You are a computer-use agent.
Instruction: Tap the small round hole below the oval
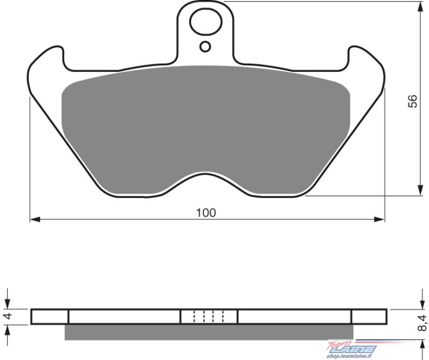pos(205,47)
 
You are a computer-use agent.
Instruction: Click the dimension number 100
pos(206,212)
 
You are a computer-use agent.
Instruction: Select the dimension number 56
pos(412,101)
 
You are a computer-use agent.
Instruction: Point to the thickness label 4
pos(9,315)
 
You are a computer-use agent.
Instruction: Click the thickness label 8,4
pos(422,323)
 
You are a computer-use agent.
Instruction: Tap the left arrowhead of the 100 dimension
pos(35,219)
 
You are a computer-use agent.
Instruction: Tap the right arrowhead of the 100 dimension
pos(379,219)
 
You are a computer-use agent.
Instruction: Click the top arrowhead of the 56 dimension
pos(420,7)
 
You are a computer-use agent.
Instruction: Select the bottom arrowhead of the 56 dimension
pos(420,190)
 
